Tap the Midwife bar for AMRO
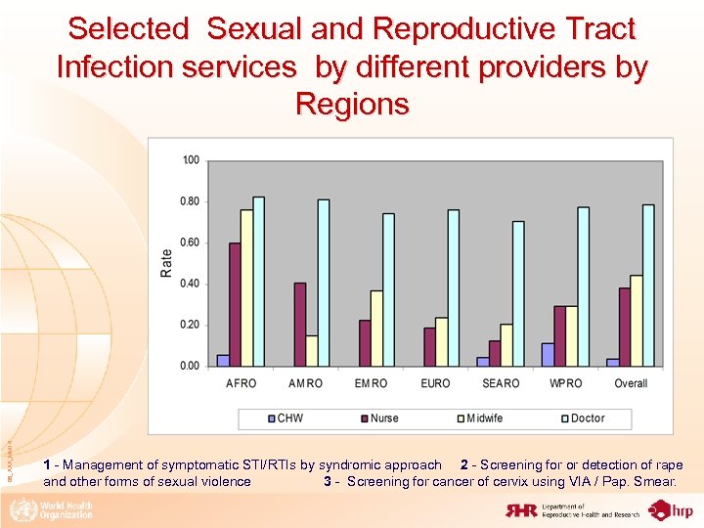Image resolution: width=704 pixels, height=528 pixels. point(312,351)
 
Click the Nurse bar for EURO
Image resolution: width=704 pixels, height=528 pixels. point(429,347)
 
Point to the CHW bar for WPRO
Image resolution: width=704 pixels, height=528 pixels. point(548,355)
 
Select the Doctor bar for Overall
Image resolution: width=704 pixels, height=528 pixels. point(648,286)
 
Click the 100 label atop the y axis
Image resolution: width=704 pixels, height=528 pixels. point(190,159)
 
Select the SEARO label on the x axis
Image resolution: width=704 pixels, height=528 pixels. point(501,383)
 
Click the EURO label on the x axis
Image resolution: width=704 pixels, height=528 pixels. point(435,383)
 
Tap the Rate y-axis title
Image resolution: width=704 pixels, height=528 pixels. point(166,262)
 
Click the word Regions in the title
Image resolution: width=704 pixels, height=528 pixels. point(351,104)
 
